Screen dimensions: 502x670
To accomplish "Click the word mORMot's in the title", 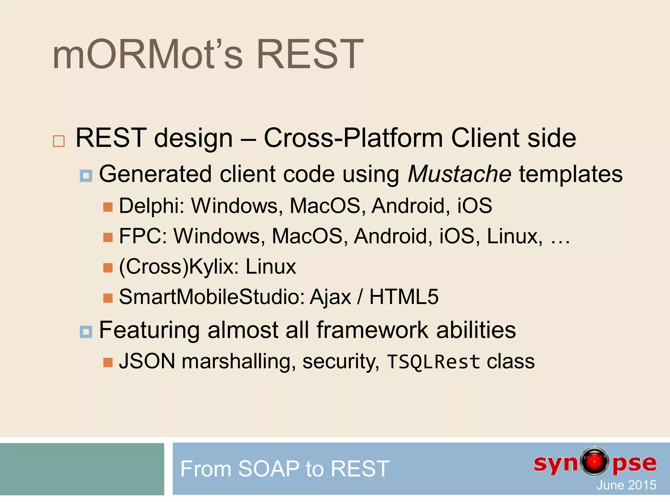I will coord(147,55).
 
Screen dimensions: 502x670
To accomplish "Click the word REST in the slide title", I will coord(309,55).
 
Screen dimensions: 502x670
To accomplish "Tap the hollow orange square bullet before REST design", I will coord(59,141).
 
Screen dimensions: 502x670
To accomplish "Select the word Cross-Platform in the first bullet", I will coord(353,138).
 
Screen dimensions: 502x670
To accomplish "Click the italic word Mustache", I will coord(459,174).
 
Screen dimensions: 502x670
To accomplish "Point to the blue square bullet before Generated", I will coord(86,176).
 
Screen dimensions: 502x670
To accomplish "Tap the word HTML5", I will coord(404,297).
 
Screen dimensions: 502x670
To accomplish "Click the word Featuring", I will coord(149,330).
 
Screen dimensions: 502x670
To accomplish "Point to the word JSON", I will coord(147,361).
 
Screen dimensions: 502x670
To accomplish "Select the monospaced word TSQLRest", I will coord(433,362).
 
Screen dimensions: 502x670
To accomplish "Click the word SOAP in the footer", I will coord(269,469).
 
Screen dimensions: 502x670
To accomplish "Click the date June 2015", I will coord(626,485).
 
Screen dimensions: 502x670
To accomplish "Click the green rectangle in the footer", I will coord(82,469).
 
